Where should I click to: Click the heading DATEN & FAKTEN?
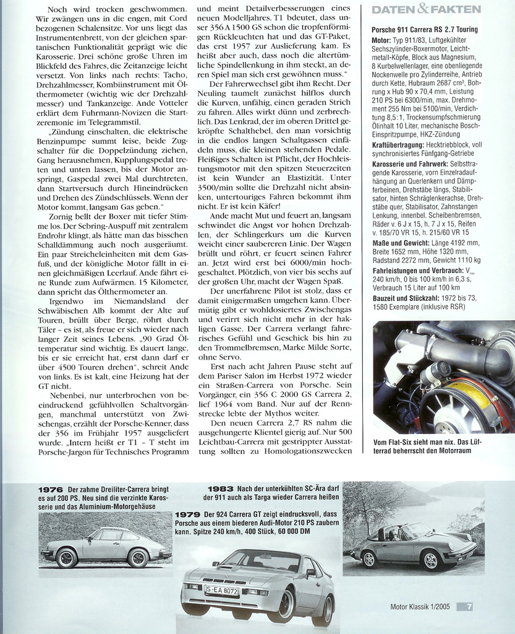427,9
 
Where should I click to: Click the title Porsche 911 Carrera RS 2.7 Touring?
424,30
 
